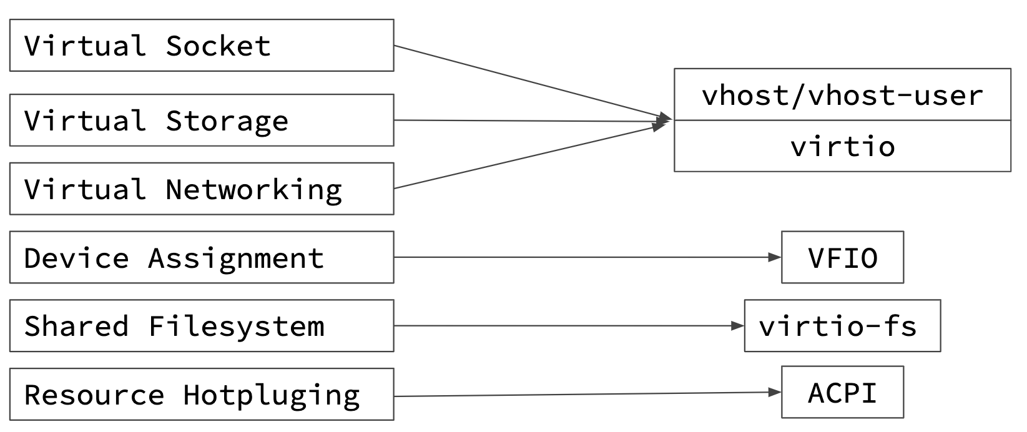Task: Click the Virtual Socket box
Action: (x=202, y=45)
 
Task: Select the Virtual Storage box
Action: (x=202, y=120)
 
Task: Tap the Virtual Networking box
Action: (x=202, y=189)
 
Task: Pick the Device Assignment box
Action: (x=202, y=257)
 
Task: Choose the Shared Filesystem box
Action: (x=202, y=325)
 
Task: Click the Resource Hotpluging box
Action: (x=202, y=394)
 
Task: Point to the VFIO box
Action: (x=842, y=257)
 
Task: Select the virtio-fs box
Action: (x=842, y=325)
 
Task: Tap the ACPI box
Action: (x=842, y=392)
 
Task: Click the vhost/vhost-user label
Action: (x=842, y=95)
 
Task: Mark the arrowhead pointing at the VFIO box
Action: (x=775, y=257)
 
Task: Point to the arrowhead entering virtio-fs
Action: (x=738, y=325)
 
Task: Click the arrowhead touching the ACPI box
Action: (x=775, y=392)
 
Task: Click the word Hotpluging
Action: (x=272, y=395)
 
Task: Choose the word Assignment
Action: (x=237, y=258)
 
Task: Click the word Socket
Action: (x=219, y=46)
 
